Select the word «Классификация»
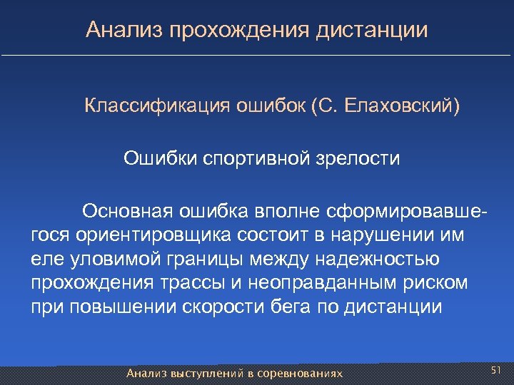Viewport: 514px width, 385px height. [148, 106]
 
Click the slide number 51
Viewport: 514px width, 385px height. [497, 370]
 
